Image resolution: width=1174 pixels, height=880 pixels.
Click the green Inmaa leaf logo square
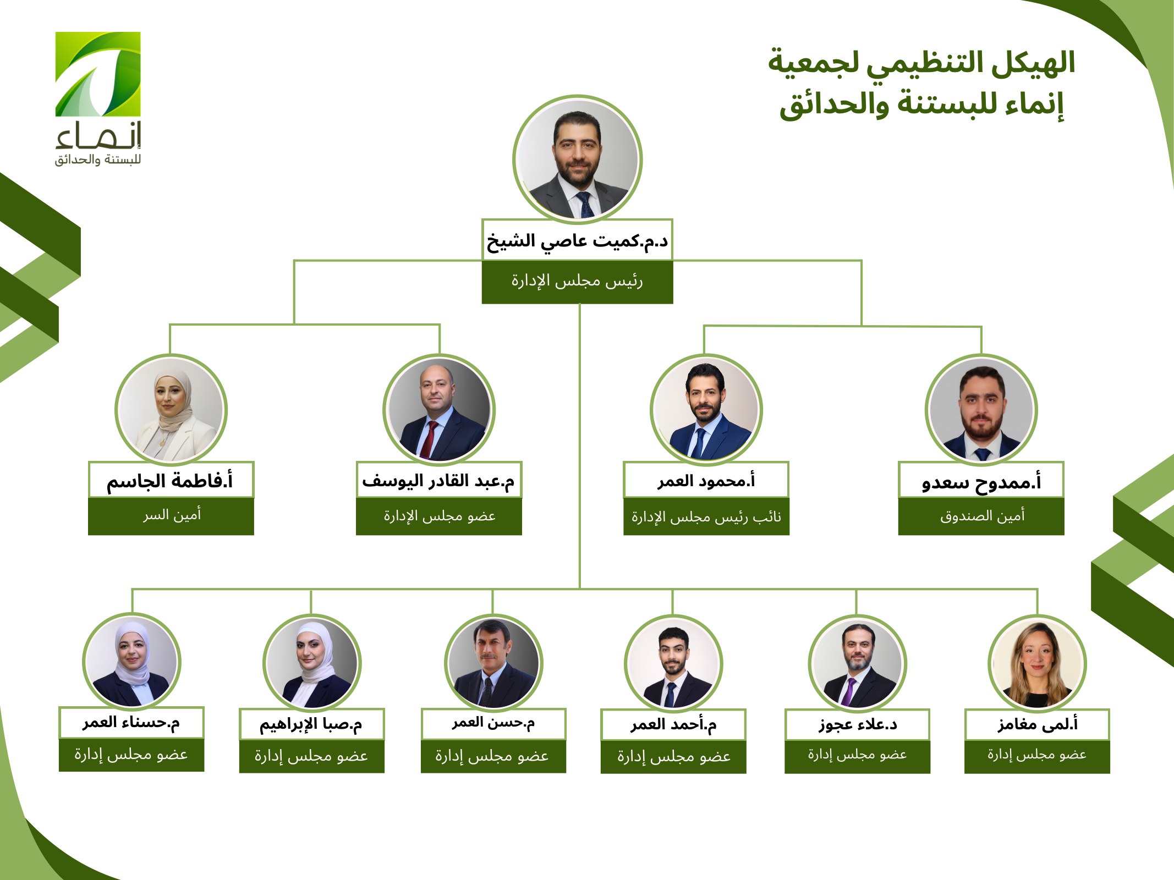pyautogui.click(x=98, y=74)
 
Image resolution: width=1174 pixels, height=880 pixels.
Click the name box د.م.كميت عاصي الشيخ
pyautogui.click(x=577, y=240)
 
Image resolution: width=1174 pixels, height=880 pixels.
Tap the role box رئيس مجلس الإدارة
pyautogui.click(x=577, y=282)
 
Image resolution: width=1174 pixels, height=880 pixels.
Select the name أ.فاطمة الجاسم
pyautogui.click(x=170, y=481)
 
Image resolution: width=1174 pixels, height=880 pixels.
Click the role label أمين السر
pyautogui.click(x=172, y=515)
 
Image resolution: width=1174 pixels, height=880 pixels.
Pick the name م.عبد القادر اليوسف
pyautogui.click(x=438, y=481)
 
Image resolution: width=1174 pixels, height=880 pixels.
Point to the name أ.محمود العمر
pyautogui.click(x=706, y=481)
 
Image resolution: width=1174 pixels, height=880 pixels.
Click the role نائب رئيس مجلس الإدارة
pyautogui.click(x=706, y=516)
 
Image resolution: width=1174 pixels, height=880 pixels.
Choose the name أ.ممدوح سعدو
pyautogui.click(x=981, y=482)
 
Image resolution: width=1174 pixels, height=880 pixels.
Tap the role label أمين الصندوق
pyautogui.click(x=982, y=516)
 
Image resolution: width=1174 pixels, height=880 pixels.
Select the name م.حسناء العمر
pyautogui.click(x=131, y=723)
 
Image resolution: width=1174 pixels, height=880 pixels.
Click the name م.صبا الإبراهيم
pyautogui.click(x=311, y=724)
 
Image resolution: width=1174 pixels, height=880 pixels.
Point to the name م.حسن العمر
pyautogui.click(x=493, y=723)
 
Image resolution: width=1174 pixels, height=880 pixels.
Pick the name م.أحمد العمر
pyautogui.click(x=673, y=725)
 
